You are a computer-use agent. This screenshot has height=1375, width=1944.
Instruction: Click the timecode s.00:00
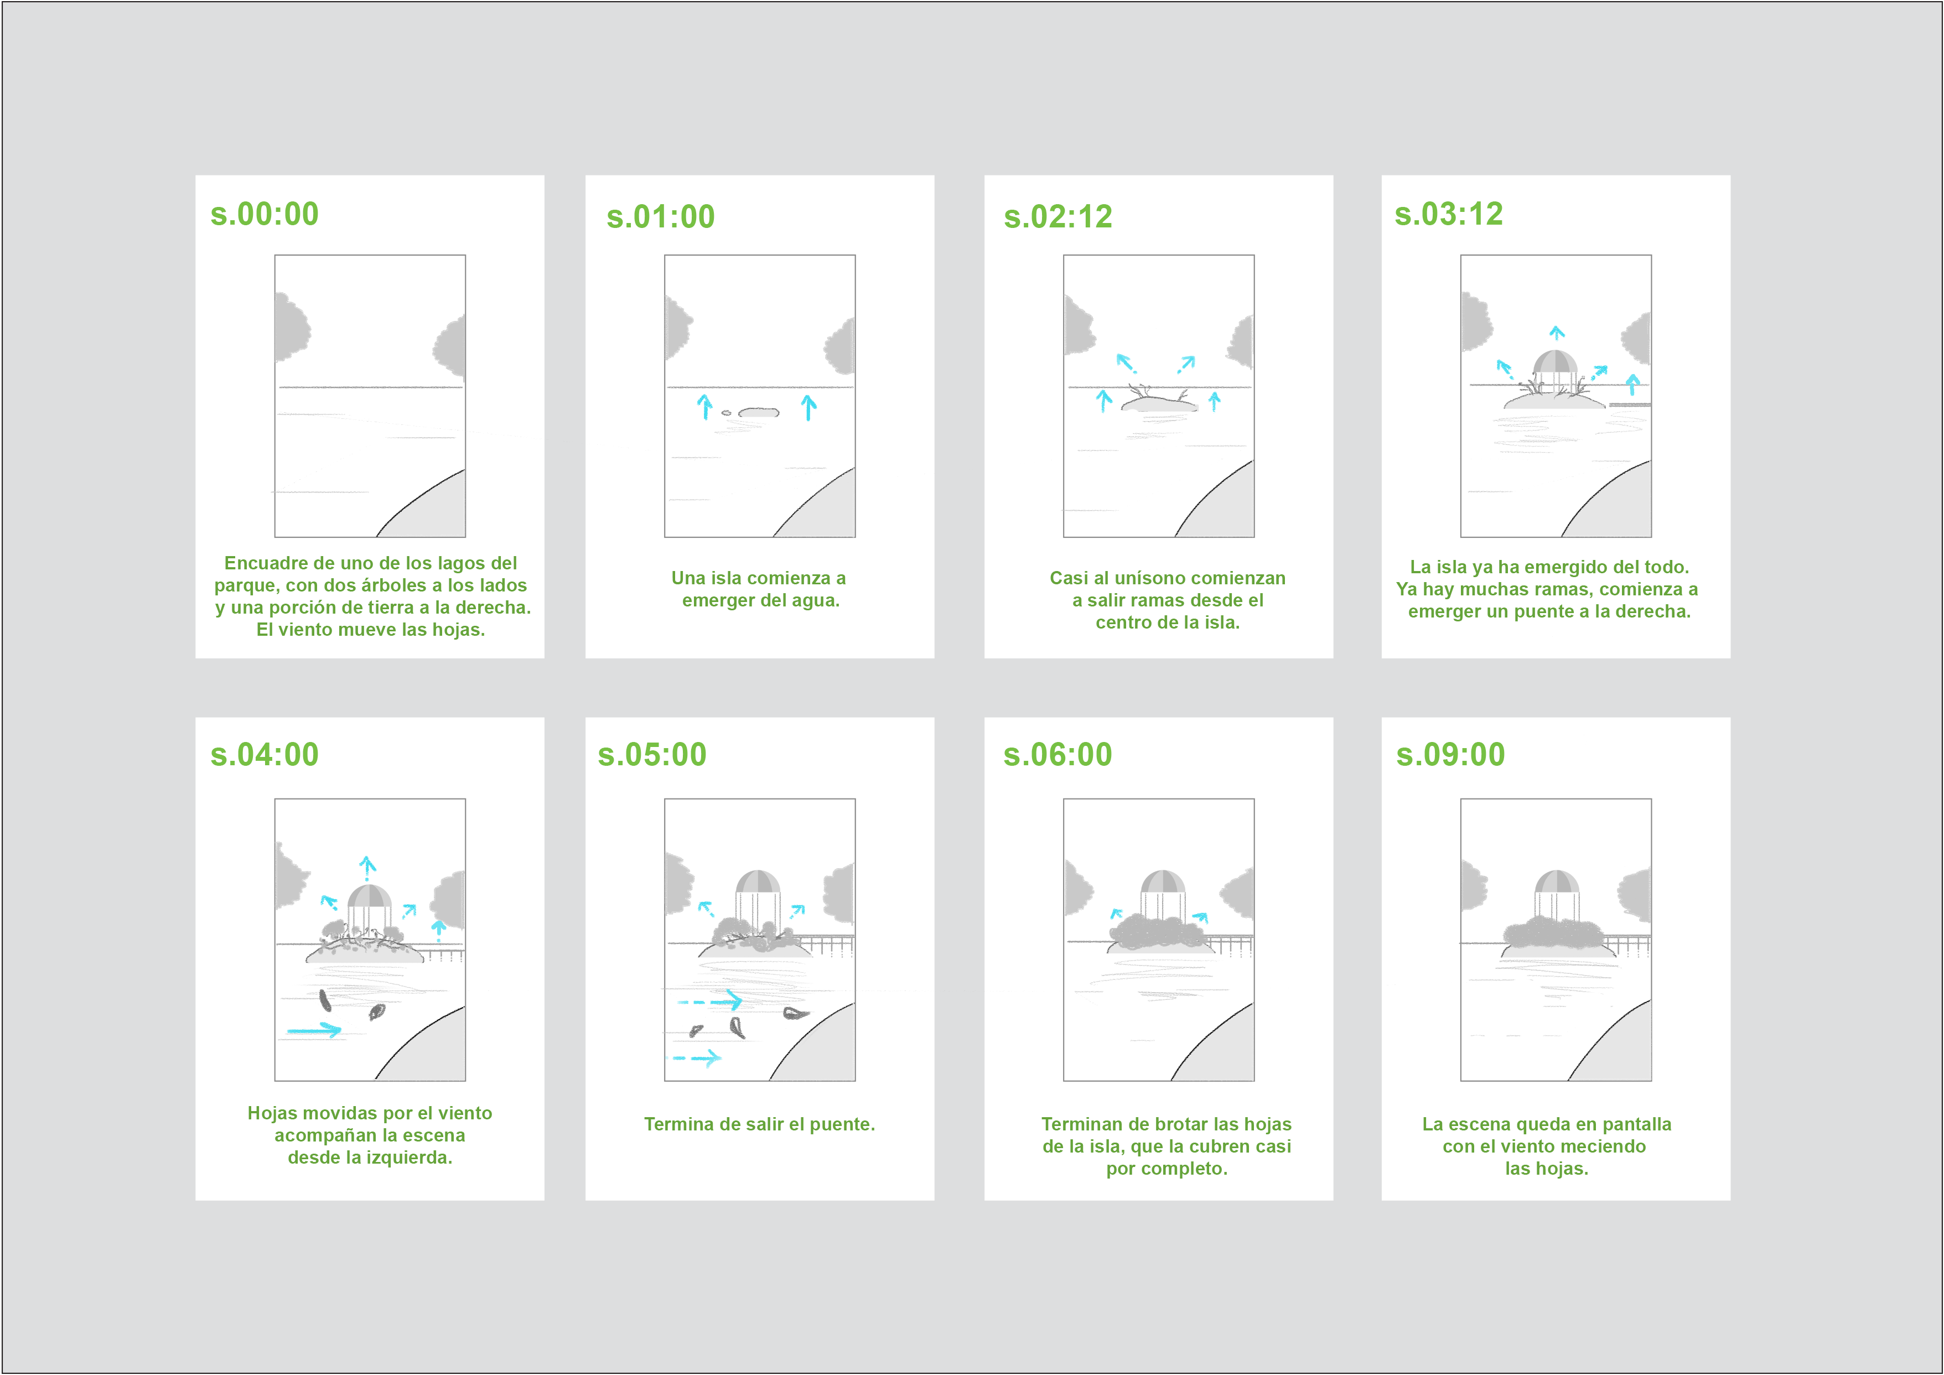[x=264, y=214]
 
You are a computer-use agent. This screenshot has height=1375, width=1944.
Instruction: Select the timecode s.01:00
[x=660, y=217]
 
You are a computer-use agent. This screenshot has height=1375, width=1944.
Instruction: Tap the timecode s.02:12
[x=1057, y=217]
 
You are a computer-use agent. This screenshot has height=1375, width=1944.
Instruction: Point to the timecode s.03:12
[x=1449, y=214]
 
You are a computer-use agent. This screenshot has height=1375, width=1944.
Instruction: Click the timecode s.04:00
[x=264, y=754]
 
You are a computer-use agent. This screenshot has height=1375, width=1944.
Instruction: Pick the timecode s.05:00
[x=652, y=754]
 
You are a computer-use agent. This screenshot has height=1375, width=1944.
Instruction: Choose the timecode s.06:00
[x=1057, y=754]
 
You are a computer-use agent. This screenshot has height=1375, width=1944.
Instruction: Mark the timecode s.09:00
[x=1450, y=754]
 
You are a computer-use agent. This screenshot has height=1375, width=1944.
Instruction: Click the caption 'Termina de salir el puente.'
[x=759, y=1124]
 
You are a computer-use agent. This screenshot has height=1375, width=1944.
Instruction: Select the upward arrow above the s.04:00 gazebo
[x=367, y=868]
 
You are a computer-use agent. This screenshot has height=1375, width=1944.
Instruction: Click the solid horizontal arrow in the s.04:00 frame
[x=314, y=1030]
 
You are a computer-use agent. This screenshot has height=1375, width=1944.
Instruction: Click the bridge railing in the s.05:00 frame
[x=826, y=945]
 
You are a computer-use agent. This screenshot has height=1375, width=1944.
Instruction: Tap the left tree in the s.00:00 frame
[x=291, y=324]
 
